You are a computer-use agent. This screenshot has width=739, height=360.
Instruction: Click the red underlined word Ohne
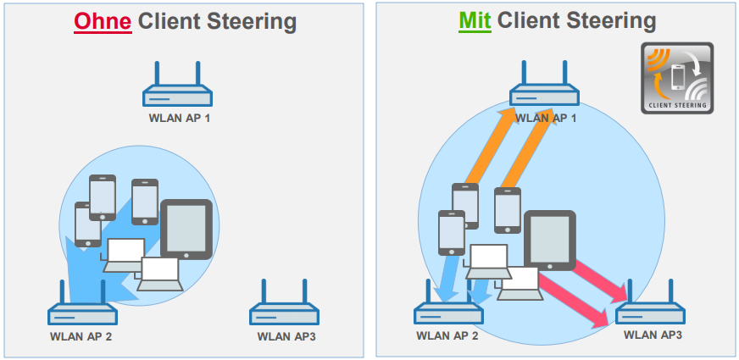[103, 21]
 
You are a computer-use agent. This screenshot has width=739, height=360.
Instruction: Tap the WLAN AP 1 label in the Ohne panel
[176, 118]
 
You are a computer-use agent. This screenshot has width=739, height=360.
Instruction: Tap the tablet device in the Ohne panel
[186, 229]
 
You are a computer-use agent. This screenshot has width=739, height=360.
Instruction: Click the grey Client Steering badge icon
[676, 77]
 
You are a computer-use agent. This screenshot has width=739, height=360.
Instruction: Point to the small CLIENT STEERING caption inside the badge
[676, 106]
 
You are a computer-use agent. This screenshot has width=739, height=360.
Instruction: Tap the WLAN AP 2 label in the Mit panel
[447, 335]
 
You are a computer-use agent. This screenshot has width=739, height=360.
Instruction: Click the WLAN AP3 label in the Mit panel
[653, 335]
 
